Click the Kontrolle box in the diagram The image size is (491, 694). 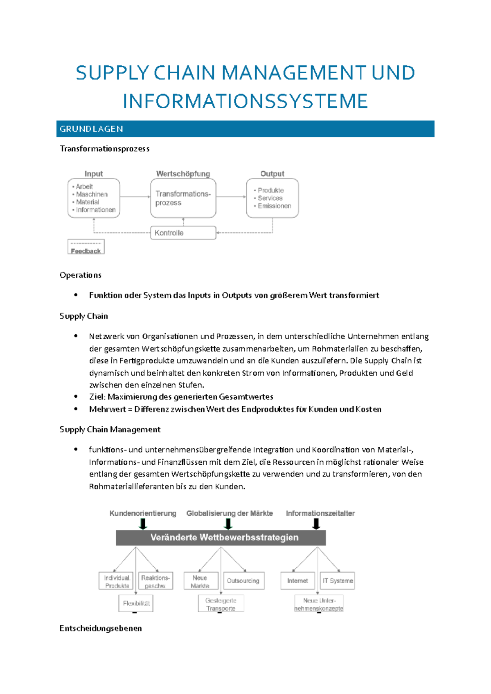click(183, 233)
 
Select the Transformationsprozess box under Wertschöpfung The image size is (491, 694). click(183, 198)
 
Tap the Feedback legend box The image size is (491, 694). click(86, 247)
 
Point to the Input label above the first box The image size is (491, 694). click(94, 174)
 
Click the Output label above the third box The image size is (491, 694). click(272, 174)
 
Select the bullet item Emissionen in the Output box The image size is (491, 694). click(274, 206)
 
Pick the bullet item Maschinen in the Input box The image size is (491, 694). click(92, 195)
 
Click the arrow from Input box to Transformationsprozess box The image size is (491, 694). click(135, 197)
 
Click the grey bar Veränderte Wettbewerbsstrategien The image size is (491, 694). click(221, 537)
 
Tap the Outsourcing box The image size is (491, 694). click(243, 581)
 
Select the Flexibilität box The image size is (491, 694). click(136, 603)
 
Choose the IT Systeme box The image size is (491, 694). click(338, 581)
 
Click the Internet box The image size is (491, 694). click(297, 581)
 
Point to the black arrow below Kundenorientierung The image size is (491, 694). click(143, 524)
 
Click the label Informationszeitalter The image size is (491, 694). click(320, 513)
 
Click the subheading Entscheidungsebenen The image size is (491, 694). click(101, 628)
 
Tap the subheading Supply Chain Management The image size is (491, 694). click(110, 430)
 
